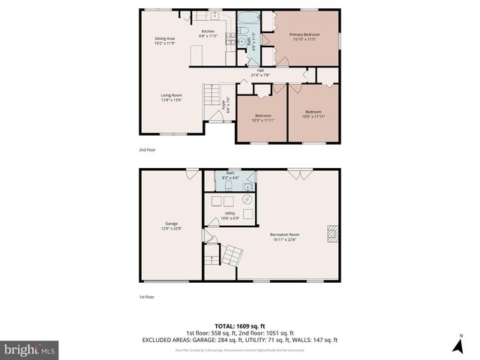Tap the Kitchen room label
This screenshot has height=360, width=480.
(208, 33)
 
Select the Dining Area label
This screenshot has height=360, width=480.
(165, 40)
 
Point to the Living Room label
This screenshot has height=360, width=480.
(171, 97)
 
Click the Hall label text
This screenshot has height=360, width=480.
(260, 73)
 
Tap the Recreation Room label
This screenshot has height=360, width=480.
(284, 238)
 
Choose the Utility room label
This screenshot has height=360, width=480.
(230, 215)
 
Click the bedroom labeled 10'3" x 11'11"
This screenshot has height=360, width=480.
(262, 117)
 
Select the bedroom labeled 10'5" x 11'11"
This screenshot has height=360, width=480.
(313, 115)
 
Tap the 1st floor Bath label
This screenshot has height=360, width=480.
(231, 175)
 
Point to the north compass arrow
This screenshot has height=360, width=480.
(457, 344)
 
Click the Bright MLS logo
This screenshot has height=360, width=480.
(29, 349)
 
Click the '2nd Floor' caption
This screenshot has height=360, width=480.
(147, 149)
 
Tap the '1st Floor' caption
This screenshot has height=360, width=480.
(147, 296)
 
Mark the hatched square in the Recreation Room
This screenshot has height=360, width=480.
(331, 234)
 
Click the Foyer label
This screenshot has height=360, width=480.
(226, 105)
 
